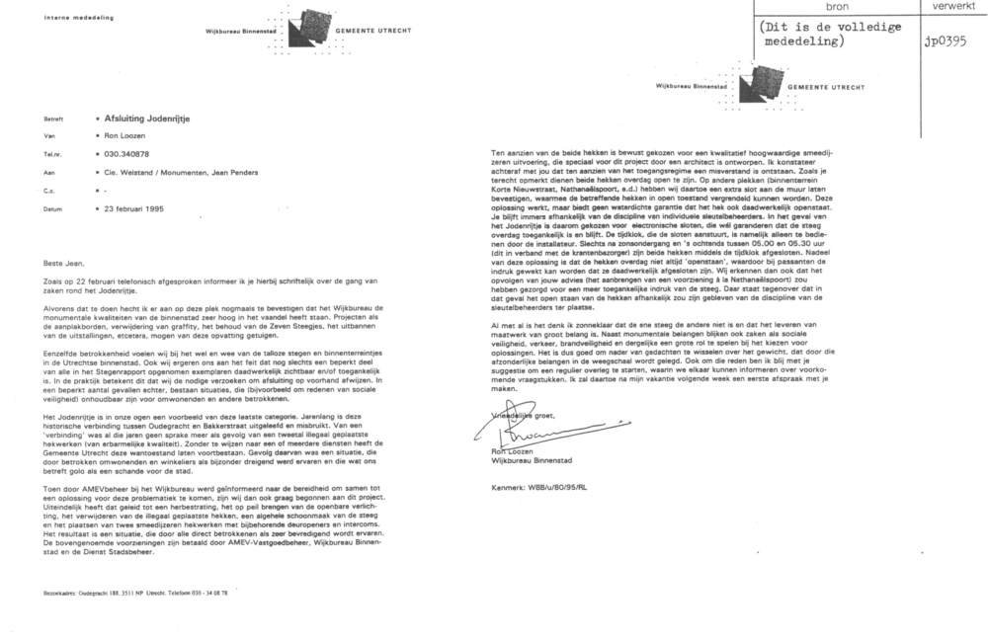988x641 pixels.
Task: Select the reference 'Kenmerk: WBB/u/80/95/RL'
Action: coord(544,487)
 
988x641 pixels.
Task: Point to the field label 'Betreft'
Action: coord(55,117)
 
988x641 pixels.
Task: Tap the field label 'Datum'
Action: coord(54,209)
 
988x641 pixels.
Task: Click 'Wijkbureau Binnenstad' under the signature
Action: coord(529,460)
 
